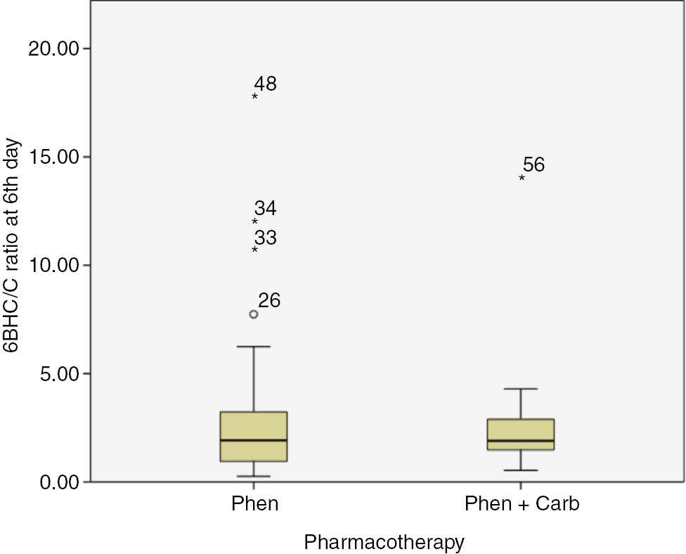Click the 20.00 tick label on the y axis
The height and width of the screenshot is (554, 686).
click(x=53, y=49)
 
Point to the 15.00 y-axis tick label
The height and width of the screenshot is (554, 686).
click(x=53, y=157)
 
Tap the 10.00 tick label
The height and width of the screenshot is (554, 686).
click(x=53, y=265)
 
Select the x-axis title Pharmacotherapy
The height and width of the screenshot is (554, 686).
click(x=384, y=542)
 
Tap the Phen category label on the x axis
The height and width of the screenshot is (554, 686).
click(x=254, y=504)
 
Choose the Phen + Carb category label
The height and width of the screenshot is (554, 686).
click(x=522, y=504)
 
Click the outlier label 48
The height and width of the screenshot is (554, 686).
click(x=266, y=84)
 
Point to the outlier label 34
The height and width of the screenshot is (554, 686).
click(x=266, y=209)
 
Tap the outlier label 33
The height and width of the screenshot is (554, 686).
click(x=266, y=238)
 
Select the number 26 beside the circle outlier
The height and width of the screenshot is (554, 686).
click(x=269, y=301)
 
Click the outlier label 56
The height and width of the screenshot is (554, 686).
click(x=533, y=165)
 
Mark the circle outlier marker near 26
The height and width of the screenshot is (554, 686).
click(x=254, y=314)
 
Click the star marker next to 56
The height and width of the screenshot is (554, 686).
click(x=522, y=179)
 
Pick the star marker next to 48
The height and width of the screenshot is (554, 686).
click(x=254, y=96)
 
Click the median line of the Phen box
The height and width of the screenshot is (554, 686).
click(x=254, y=440)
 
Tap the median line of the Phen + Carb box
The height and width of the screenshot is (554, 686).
click(x=521, y=441)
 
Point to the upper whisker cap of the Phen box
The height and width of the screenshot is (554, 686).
click(x=254, y=347)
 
